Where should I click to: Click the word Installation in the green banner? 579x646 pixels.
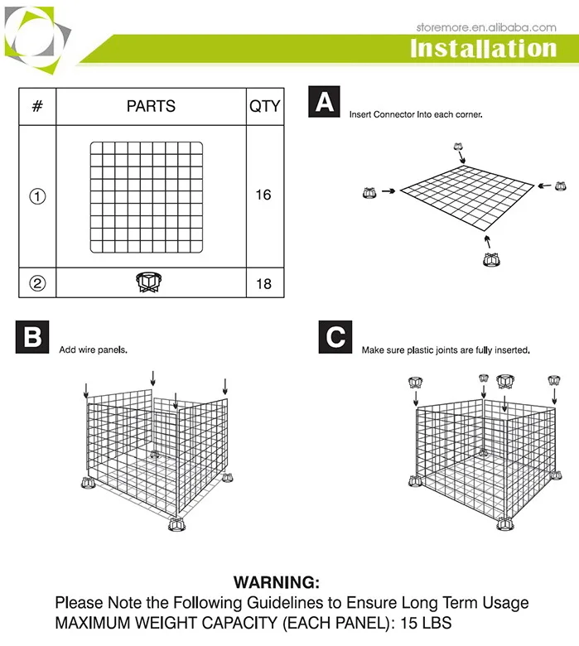[483, 48]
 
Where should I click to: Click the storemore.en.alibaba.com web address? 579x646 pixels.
[485, 27]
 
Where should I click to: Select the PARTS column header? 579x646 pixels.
[151, 106]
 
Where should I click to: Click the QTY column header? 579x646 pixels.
[264, 106]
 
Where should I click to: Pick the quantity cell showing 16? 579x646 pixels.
[263, 195]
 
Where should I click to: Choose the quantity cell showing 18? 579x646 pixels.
[263, 283]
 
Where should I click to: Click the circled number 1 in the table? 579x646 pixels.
[37, 197]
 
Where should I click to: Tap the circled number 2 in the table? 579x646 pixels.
[37, 283]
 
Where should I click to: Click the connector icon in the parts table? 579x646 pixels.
[147, 282]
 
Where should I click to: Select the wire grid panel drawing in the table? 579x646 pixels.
[147, 197]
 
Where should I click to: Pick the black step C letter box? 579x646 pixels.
[335, 337]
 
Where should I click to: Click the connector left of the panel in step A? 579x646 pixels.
[369, 193]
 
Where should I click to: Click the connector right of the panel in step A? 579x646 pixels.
[560, 186]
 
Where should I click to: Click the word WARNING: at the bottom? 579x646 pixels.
[276, 583]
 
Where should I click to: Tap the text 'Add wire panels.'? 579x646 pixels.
[93, 350]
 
